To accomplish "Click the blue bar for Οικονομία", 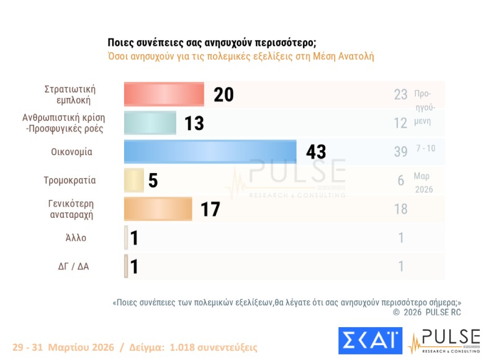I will (210, 151).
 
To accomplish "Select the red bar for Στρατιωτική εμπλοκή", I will (164, 94).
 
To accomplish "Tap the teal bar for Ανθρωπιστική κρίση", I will (150, 123).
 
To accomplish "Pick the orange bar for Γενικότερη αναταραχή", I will (158, 209).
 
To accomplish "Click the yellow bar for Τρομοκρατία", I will (134, 181).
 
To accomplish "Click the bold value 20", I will (223, 94).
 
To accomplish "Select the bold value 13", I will (194, 124).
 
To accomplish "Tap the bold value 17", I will (210, 209).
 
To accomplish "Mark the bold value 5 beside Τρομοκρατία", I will (153, 181).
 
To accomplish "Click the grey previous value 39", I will (400, 152).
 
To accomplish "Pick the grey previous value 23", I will (400, 94).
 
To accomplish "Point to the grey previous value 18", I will (401, 209).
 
